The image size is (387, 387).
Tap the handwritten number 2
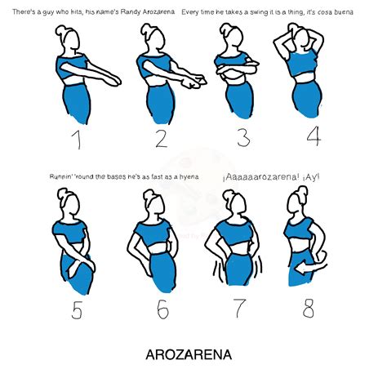click(161, 138)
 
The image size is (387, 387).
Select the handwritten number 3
click(242, 136)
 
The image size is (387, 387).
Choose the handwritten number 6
click(161, 310)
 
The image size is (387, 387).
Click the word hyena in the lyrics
click(193, 177)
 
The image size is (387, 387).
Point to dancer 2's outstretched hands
click(193, 82)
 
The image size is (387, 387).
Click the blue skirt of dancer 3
click(238, 102)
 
